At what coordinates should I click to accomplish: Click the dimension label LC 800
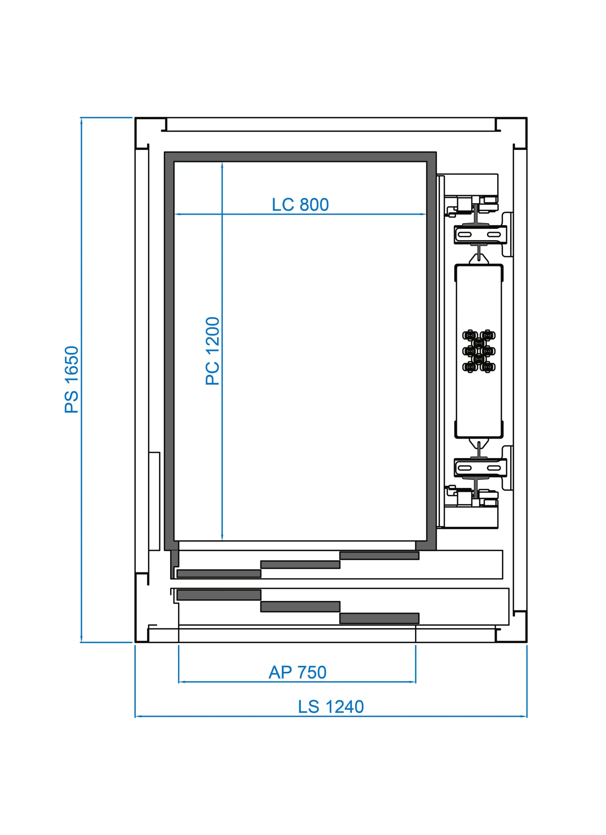(300, 205)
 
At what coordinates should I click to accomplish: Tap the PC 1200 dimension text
(213, 351)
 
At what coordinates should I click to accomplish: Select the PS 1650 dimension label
(72, 380)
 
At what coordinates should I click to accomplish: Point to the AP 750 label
(297, 672)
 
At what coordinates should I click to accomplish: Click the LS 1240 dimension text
(331, 707)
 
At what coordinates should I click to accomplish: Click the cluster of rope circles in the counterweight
(479, 351)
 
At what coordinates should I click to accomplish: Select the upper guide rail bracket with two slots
(480, 235)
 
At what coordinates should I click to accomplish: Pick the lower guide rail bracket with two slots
(480, 468)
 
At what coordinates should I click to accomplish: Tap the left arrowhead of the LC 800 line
(177, 214)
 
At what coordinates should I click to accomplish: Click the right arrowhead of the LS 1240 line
(524, 717)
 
